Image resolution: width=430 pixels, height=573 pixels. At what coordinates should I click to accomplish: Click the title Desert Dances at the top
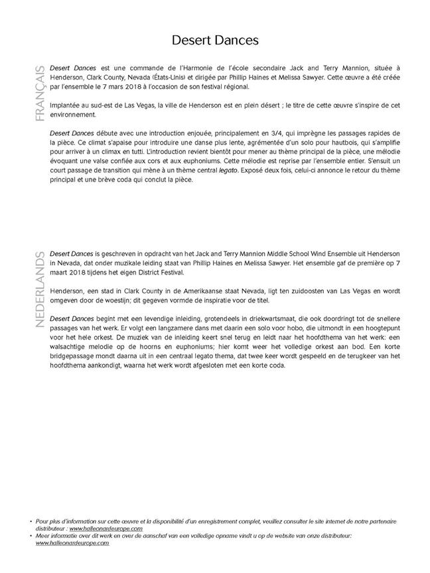coord(215,40)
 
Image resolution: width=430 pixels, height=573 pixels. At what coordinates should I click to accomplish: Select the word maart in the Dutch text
coord(60,273)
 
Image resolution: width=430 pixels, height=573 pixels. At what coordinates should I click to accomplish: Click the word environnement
coord(72,115)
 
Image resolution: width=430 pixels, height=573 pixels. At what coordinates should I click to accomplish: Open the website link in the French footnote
coord(106,529)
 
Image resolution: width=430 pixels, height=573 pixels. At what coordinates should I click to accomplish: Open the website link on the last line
coord(73,542)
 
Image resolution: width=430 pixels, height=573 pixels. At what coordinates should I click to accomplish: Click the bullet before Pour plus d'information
coord(32,522)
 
